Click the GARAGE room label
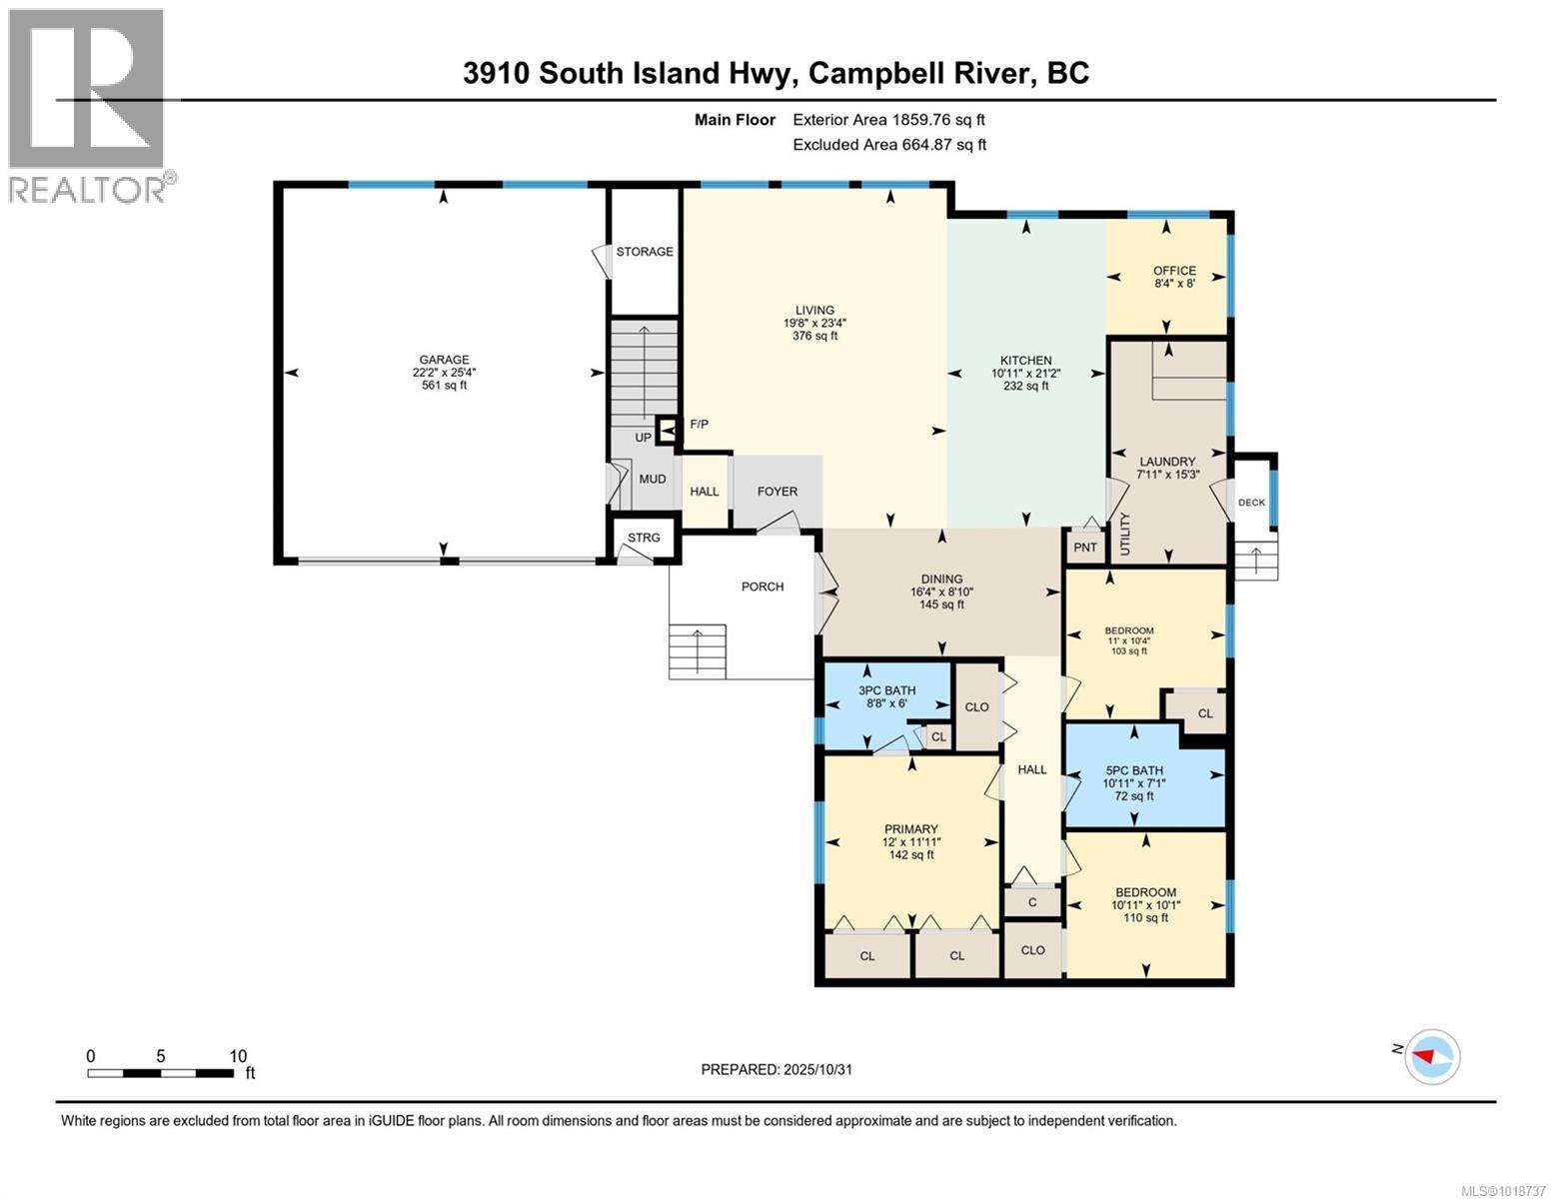(444, 360)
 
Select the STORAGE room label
(645, 252)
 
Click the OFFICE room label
(1174, 271)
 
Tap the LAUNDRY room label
(1166, 462)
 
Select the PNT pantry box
(1085, 548)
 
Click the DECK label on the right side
(1251, 503)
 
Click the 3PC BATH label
(886, 690)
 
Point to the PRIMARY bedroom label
(910, 828)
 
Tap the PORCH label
(763, 587)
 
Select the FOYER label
(777, 491)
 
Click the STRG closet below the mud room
(644, 539)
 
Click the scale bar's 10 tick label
(238, 1056)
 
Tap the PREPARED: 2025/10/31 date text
(776, 1069)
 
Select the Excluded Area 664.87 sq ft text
(889, 144)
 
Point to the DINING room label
(941, 579)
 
